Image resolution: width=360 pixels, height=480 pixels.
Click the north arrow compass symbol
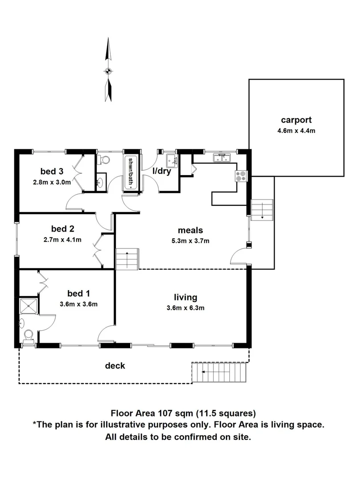click(107, 70)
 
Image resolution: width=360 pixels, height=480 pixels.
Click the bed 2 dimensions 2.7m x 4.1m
click(62, 240)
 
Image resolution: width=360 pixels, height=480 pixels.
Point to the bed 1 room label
click(79, 294)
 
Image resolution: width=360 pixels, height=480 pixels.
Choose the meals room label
click(190, 230)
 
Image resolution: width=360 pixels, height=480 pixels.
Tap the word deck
click(115, 366)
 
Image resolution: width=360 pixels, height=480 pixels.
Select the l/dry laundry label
click(162, 172)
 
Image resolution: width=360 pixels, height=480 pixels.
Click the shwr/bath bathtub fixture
click(131, 172)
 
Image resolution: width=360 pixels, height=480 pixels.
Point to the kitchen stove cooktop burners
click(241, 176)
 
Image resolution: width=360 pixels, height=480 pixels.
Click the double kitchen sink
click(221, 158)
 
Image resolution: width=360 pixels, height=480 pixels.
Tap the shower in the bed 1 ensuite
click(28, 306)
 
